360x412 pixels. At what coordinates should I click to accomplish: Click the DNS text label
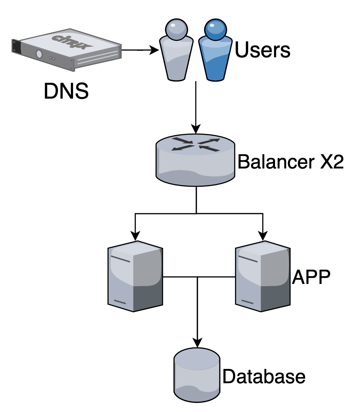(x=66, y=91)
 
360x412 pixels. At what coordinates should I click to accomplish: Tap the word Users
(x=262, y=50)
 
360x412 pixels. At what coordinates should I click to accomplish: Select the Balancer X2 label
(x=290, y=162)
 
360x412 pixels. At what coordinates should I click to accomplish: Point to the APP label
(x=311, y=277)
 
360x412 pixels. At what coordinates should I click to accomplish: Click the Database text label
(x=264, y=376)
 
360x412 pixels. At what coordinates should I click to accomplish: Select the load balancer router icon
(x=196, y=160)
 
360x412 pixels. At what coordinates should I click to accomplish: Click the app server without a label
(x=135, y=276)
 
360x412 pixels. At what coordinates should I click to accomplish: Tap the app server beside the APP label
(x=262, y=276)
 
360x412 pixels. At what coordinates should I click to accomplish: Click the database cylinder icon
(x=197, y=375)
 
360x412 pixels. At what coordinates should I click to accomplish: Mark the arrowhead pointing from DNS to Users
(x=155, y=50)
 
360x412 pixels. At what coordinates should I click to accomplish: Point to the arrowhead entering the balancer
(x=196, y=129)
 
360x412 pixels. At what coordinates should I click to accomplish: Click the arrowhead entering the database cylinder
(x=197, y=343)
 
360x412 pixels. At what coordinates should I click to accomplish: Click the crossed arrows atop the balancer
(x=196, y=144)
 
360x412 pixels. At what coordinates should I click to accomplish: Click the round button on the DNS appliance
(x=39, y=54)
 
